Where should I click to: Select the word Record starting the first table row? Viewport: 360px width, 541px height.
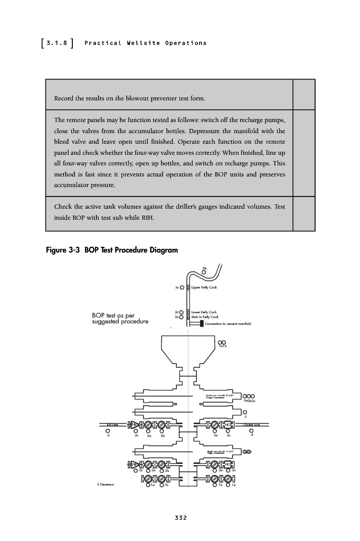pos(63,99)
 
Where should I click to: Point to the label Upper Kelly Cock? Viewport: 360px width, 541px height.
pos(205,287)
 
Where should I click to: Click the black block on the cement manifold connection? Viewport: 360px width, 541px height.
pos(202,323)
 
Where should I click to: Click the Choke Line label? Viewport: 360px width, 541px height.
pos(251,424)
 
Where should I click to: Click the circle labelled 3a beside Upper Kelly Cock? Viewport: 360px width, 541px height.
pos(182,287)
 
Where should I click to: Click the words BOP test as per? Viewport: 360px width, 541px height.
pos(113,316)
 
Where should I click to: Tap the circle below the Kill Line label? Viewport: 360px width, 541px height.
pos(108,430)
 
